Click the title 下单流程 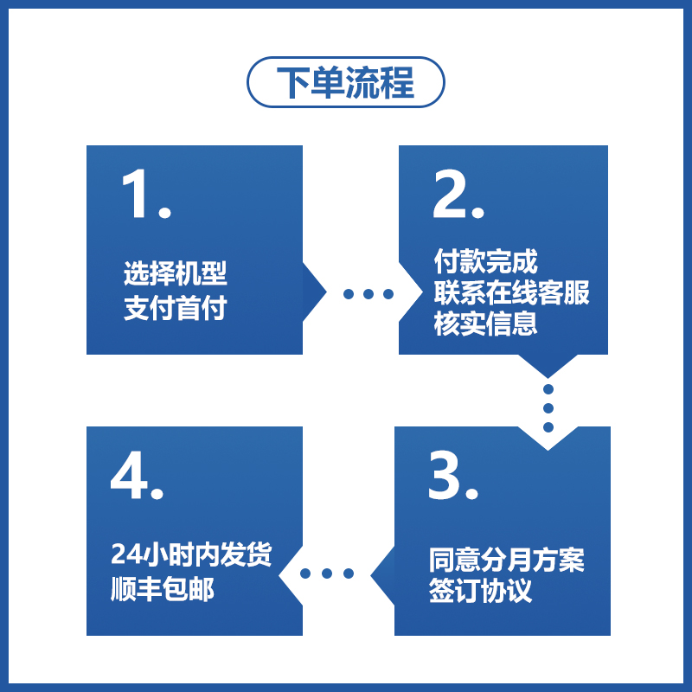[346, 82]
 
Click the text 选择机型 [176, 274]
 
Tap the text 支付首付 [176, 308]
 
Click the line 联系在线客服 [511, 292]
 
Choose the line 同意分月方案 [507, 560]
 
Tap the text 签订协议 [480, 592]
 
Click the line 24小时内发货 [192, 554]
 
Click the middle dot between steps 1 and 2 [368, 294]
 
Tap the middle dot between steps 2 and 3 [548, 407]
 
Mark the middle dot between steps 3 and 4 [328, 573]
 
